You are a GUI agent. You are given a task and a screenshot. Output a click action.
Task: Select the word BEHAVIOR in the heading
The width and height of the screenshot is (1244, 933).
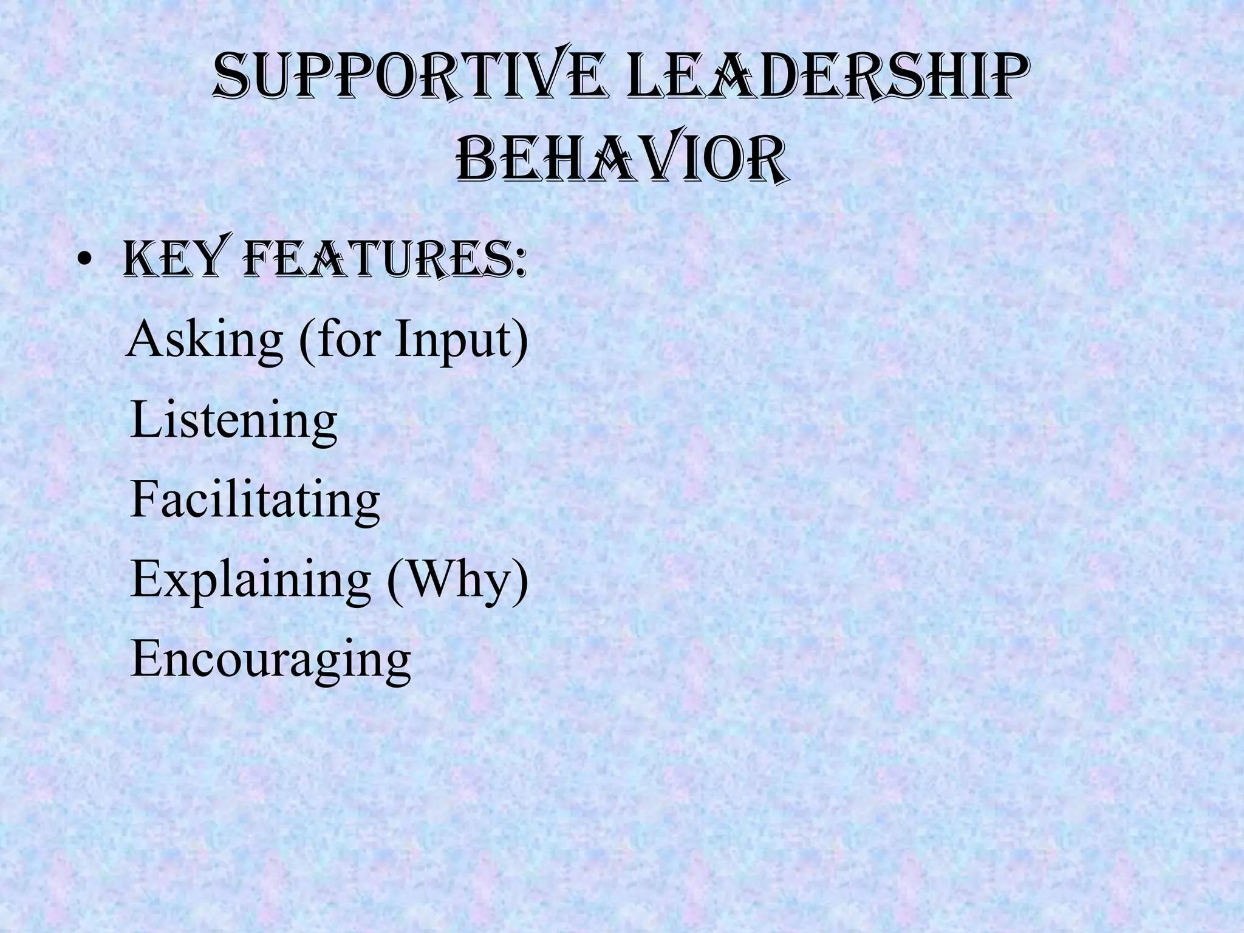(x=622, y=160)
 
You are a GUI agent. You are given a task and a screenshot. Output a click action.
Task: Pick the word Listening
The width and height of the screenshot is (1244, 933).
(x=233, y=421)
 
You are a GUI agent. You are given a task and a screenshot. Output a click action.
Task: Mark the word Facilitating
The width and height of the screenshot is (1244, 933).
(x=255, y=500)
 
